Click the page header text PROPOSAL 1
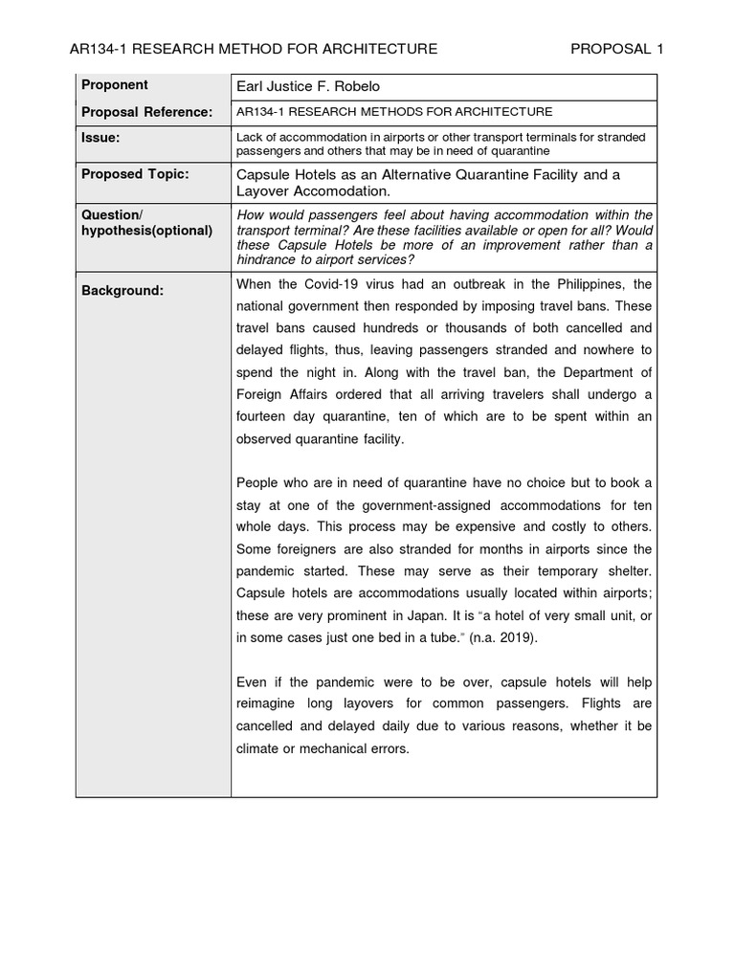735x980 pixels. tap(616, 49)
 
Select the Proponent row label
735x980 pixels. tap(115, 85)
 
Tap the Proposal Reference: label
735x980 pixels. tap(146, 112)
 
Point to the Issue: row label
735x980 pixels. tap(100, 138)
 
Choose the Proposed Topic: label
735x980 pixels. tap(135, 174)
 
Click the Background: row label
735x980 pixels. tap(122, 290)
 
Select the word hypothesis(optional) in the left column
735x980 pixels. tap(146, 231)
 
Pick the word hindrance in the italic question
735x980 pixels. tap(270, 259)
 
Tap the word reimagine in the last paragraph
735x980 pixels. tap(269, 704)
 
